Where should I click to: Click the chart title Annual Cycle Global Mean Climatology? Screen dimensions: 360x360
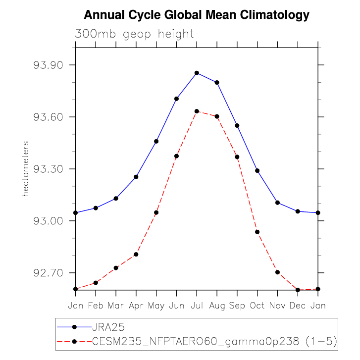(x=197, y=15)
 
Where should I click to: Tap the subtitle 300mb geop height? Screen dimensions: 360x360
(x=134, y=34)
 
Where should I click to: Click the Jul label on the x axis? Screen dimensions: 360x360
(x=197, y=306)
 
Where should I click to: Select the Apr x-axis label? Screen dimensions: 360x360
(x=136, y=306)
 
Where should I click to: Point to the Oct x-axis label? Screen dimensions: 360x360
(x=257, y=306)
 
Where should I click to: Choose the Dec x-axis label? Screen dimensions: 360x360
(x=298, y=306)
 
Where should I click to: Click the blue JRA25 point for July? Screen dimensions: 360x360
(x=197, y=73)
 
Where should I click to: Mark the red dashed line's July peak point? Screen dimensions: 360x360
(x=197, y=111)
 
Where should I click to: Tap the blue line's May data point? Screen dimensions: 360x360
(x=156, y=141)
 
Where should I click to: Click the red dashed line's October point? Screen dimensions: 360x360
(x=257, y=232)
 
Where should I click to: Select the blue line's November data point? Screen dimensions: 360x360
(x=277, y=203)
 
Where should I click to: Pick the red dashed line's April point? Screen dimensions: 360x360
(x=136, y=254)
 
